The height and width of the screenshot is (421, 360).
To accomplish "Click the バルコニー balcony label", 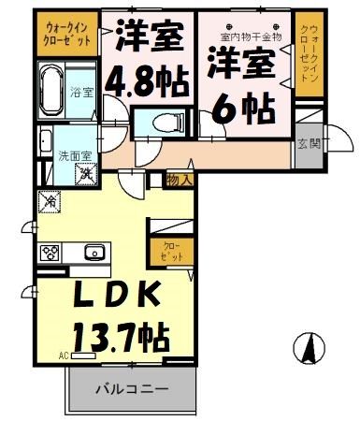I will pos(130,388).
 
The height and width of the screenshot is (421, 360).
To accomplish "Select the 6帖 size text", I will pos(241,109).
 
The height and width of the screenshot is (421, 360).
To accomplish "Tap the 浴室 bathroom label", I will pos(83,92).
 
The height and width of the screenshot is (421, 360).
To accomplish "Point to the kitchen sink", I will pos(94,252).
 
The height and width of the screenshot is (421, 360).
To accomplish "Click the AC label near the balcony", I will pos(64,356).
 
